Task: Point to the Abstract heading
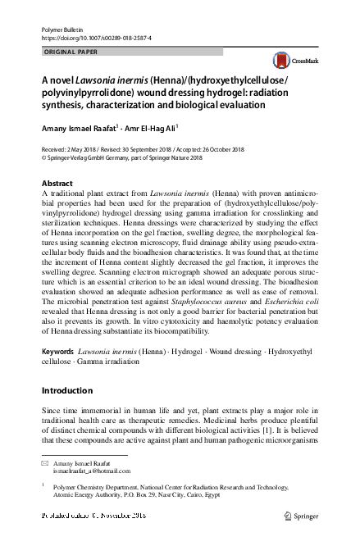57,183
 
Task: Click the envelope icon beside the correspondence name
45,463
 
